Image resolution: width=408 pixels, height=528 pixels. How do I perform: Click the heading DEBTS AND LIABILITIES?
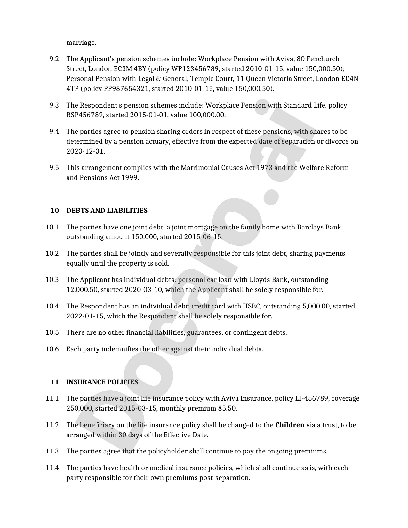click(x=107, y=211)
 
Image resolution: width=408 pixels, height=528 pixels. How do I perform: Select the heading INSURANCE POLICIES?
click(x=102, y=382)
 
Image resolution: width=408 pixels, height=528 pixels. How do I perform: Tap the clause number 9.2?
click(x=54, y=59)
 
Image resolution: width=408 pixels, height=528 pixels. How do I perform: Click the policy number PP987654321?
click(x=126, y=89)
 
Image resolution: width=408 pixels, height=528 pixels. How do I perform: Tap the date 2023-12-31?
click(x=85, y=151)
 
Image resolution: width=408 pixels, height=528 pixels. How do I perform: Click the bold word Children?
click(x=290, y=425)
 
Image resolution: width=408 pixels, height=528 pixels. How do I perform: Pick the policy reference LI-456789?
click(x=312, y=398)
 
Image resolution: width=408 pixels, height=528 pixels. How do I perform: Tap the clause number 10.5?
click(x=52, y=332)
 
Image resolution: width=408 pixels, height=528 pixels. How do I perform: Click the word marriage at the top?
click(x=81, y=43)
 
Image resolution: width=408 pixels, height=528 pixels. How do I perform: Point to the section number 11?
click(x=55, y=382)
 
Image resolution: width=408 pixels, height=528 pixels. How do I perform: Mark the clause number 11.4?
click(x=52, y=468)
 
